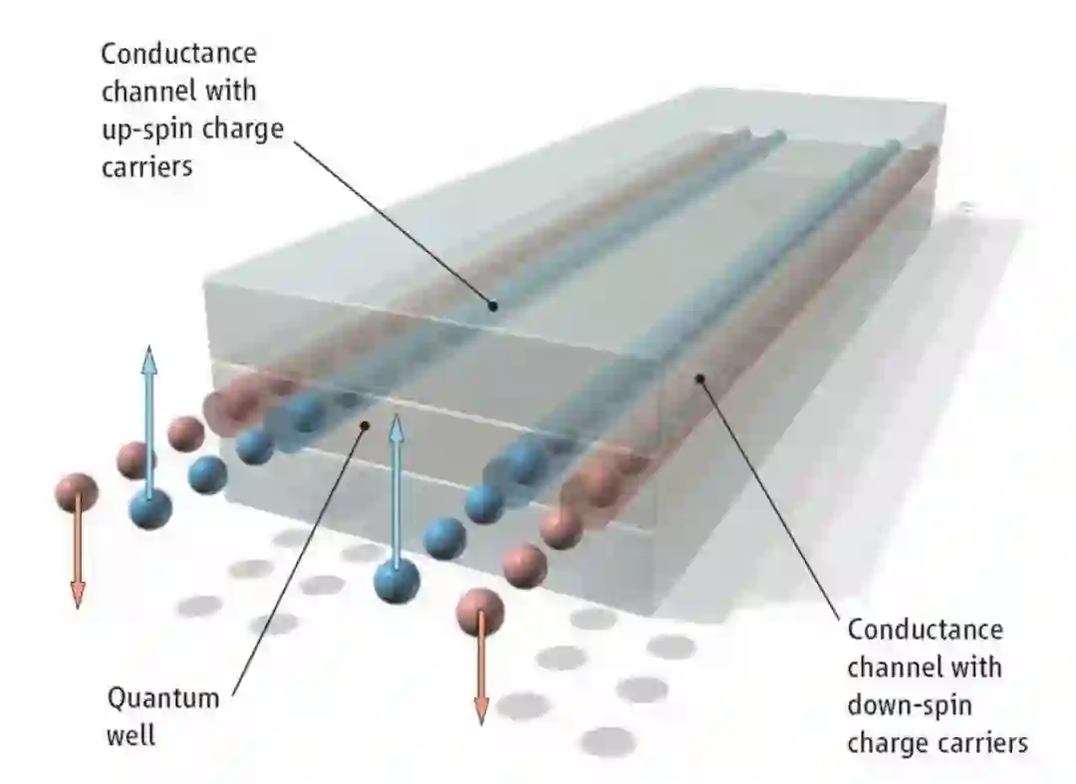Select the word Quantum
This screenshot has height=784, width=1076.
[x=163, y=697]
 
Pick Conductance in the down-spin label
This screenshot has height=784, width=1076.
[x=926, y=630]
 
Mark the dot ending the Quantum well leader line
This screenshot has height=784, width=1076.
[x=365, y=425]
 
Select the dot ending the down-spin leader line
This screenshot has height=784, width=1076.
[x=701, y=379]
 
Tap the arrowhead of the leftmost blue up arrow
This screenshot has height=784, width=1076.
[x=148, y=357]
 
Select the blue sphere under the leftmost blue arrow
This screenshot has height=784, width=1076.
[x=149, y=509]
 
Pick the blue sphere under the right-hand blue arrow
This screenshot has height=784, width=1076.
[x=397, y=579]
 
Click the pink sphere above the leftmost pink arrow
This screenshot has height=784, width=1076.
[x=77, y=491]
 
